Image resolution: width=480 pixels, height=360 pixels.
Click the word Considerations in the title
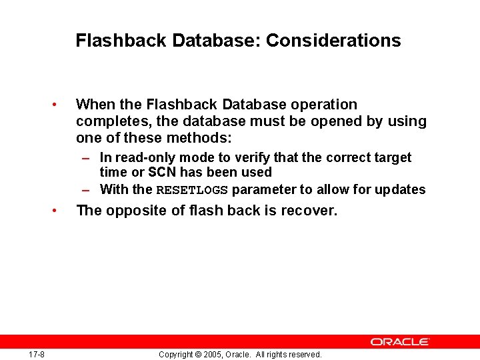333,41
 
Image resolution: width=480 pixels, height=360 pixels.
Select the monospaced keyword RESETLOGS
192,190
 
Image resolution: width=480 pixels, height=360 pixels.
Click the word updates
400,189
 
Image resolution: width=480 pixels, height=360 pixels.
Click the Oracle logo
400,341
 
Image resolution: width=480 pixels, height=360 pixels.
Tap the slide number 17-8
37,354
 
